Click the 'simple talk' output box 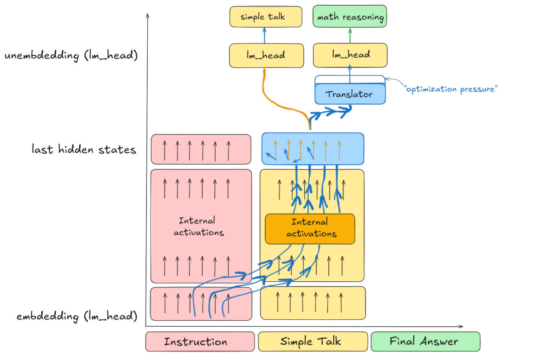pyautogui.click(x=259, y=17)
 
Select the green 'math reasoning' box pyautogui.click(x=350, y=17)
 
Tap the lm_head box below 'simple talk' pyautogui.click(x=259, y=55)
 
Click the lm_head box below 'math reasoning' pyautogui.click(x=350, y=55)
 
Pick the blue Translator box pyautogui.click(x=350, y=94)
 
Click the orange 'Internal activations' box pyautogui.click(x=309, y=228)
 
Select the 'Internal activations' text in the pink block pyautogui.click(x=199, y=227)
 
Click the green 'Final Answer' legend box pyautogui.click(x=425, y=341)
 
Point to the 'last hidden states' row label pyautogui.click(x=84, y=150)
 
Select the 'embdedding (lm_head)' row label pyautogui.click(x=77, y=316)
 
